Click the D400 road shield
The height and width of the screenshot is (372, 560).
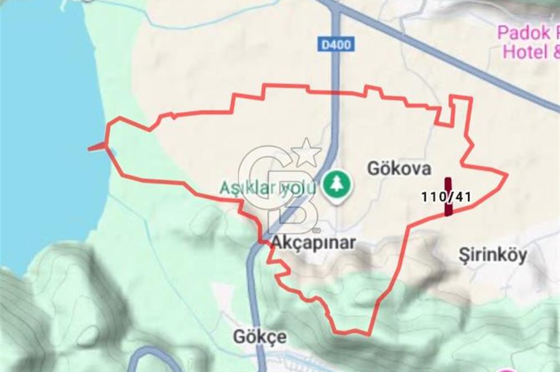337,44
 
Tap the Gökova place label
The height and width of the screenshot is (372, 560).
399,169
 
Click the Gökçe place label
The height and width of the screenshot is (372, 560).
259,337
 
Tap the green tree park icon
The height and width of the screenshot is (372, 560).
337,185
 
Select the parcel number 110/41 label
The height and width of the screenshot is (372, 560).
446,197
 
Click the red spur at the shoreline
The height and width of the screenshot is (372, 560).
97,147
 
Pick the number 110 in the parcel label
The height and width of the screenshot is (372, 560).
432,197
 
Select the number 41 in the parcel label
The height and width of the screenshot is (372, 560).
463,197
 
